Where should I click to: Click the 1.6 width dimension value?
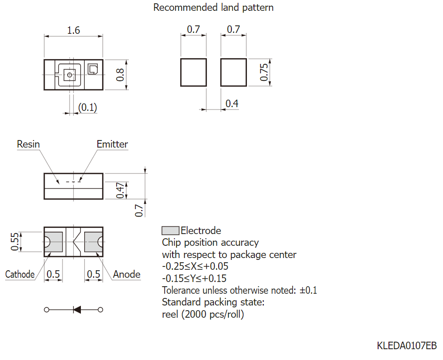pos(73,30)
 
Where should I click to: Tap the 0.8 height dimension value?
pos(120,75)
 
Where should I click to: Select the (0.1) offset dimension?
pos(87,107)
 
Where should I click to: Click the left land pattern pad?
pos(194,72)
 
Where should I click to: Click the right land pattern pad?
pos(233,72)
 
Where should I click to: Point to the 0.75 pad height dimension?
pos(264,72)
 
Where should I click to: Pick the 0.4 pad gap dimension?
pos(232,103)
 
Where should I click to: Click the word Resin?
pos(28,144)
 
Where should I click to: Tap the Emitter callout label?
pos(112,144)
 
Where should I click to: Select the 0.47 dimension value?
pos(120,190)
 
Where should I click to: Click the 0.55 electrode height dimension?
pos(15,242)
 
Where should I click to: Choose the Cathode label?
pos(20,274)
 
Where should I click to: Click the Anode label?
pos(127,274)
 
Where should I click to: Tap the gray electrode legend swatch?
pos(170,231)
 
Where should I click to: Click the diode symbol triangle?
pos(77,310)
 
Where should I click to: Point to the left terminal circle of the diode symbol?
pos(47,310)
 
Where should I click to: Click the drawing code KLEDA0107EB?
pos(407,345)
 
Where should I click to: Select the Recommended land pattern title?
pos(214,8)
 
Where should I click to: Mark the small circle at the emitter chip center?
pos(70,75)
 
